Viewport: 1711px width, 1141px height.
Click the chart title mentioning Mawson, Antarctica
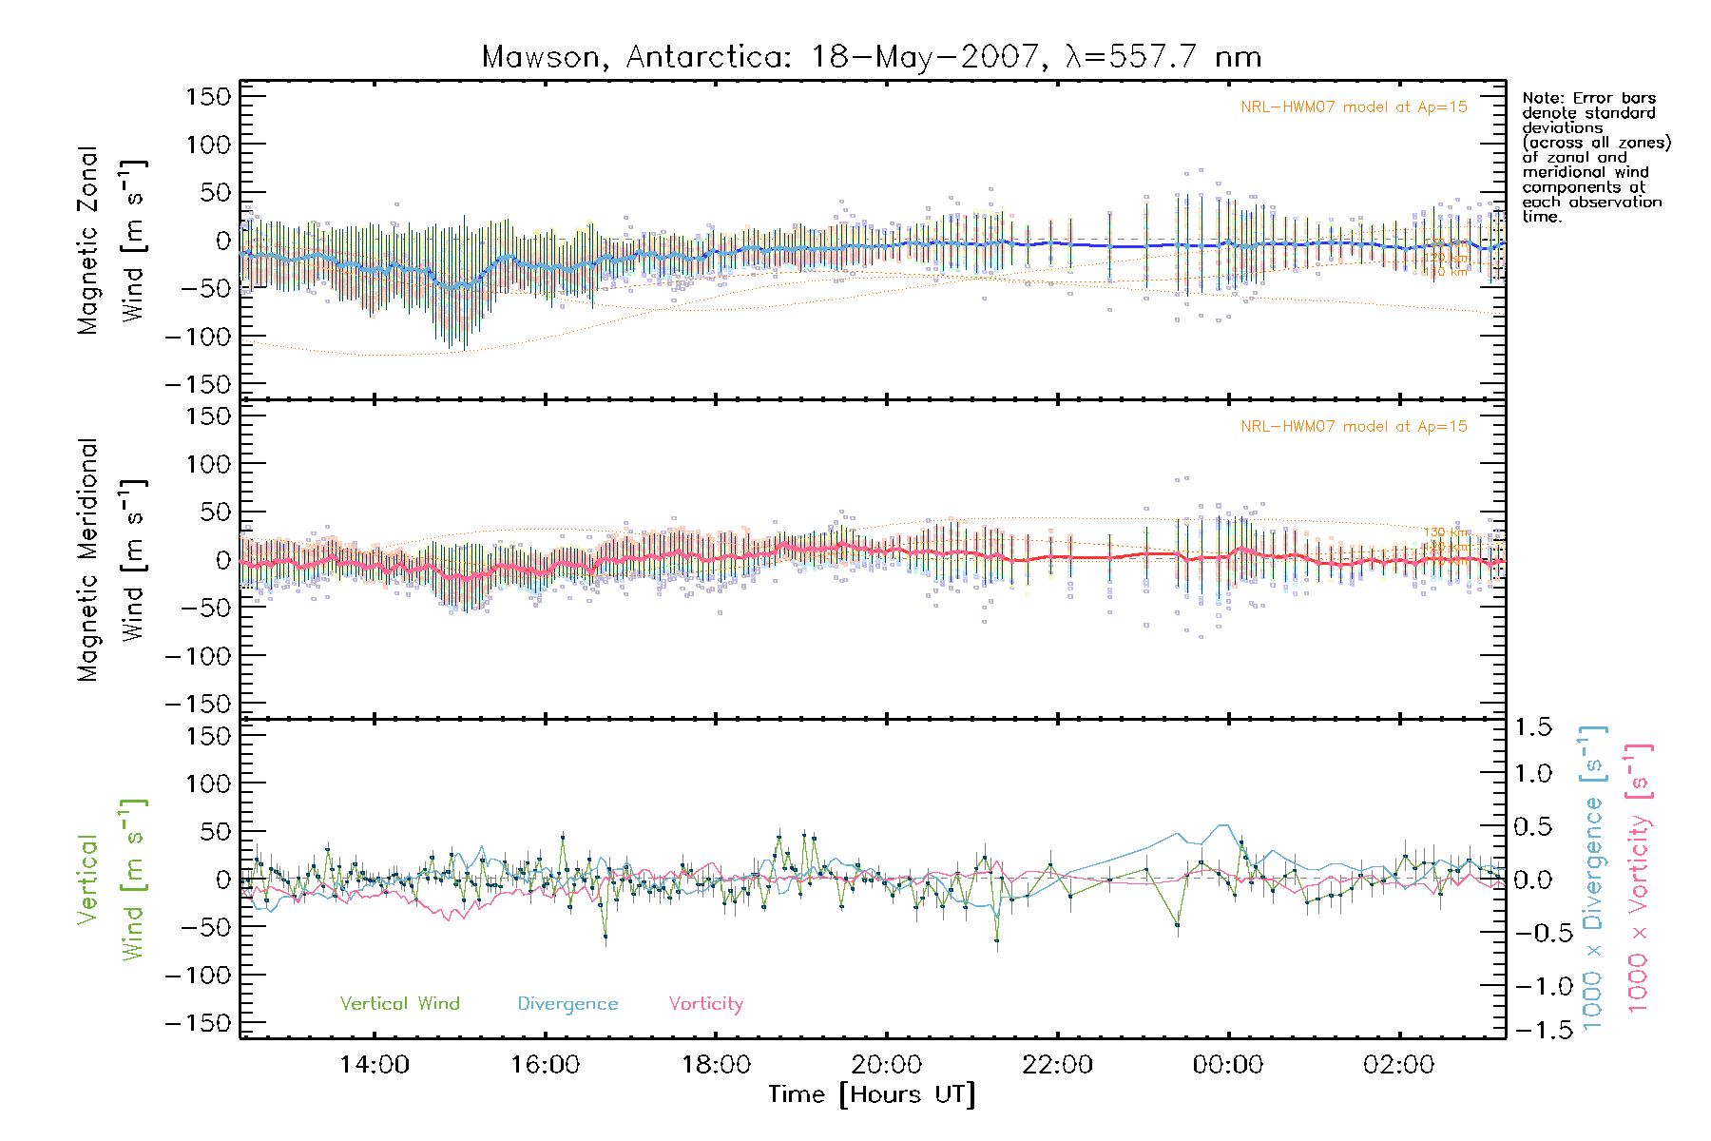click(872, 57)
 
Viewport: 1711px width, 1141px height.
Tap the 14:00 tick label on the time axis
click(374, 1065)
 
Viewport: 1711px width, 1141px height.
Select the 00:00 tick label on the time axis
click(1228, 1065)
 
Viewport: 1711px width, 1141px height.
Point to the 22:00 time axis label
click(1057, 1065)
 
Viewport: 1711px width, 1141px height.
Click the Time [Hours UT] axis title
click(872, 1095)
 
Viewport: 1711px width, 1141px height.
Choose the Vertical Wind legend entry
click(399, 1004)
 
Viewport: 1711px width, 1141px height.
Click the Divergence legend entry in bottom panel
click(567, 1004)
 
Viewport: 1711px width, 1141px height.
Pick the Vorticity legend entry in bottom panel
click(705, 1004)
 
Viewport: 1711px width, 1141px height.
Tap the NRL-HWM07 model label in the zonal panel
click(1354, 107)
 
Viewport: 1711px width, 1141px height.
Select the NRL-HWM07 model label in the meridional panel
click(1354, 427)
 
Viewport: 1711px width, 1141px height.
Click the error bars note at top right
click(1595, 157)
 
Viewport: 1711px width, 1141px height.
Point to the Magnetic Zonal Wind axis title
click(112, 240)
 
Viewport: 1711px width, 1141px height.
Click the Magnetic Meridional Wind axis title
click(112, 560)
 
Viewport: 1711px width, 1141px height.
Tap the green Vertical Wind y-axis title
click(112, 880)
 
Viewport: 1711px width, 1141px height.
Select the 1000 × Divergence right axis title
click(1593, 880)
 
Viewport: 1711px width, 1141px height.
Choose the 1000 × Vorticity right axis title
click(1639, 880)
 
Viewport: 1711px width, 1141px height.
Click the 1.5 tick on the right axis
click(1532, 727)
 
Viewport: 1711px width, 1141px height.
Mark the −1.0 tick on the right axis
click(1532, 986)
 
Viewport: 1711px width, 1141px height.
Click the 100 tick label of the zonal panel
click(208, 145)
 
